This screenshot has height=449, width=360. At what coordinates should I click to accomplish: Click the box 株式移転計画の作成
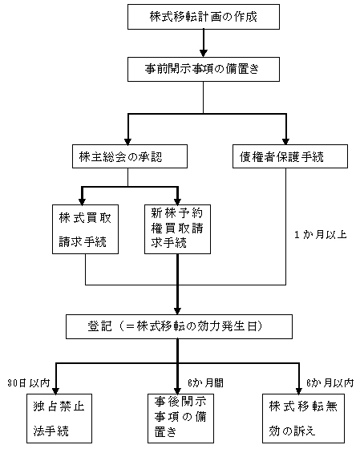pos(204,17)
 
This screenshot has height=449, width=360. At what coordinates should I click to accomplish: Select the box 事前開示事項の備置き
pos(204,69)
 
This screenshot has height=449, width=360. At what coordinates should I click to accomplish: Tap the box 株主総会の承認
pos(130,156)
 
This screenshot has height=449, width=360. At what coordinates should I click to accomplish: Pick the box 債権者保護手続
pos(290,156)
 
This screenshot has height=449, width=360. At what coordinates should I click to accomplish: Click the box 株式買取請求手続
pos(85,229)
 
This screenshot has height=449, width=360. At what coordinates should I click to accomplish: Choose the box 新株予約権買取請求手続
pos(177,229)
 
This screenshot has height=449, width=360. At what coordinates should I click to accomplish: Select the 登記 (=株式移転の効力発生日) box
pos(180,326)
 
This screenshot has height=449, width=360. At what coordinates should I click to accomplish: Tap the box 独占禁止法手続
pos(59,419)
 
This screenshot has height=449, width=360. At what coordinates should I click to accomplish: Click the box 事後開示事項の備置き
pos(180,419)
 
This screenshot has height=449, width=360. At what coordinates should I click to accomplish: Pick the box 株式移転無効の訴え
pos(303,419)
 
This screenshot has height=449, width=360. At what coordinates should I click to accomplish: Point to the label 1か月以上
pos(321,235)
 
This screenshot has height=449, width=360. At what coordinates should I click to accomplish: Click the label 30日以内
pos(29,383)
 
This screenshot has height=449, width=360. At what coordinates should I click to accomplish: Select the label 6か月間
pos(205,383)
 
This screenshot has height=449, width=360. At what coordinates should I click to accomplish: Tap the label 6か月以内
pos(330,383)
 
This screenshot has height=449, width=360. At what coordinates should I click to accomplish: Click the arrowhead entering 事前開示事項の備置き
pos(204,54)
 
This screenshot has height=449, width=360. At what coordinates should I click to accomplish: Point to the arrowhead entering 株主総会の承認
pos(127,141)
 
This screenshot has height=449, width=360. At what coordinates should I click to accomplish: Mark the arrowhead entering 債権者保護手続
pos(285,141)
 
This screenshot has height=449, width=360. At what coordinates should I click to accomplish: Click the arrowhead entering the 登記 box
pos(177,311)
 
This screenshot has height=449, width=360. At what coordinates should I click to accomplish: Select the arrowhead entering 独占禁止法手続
pos(56,390)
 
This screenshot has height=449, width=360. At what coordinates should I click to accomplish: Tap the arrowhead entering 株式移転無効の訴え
pos(299,390)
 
